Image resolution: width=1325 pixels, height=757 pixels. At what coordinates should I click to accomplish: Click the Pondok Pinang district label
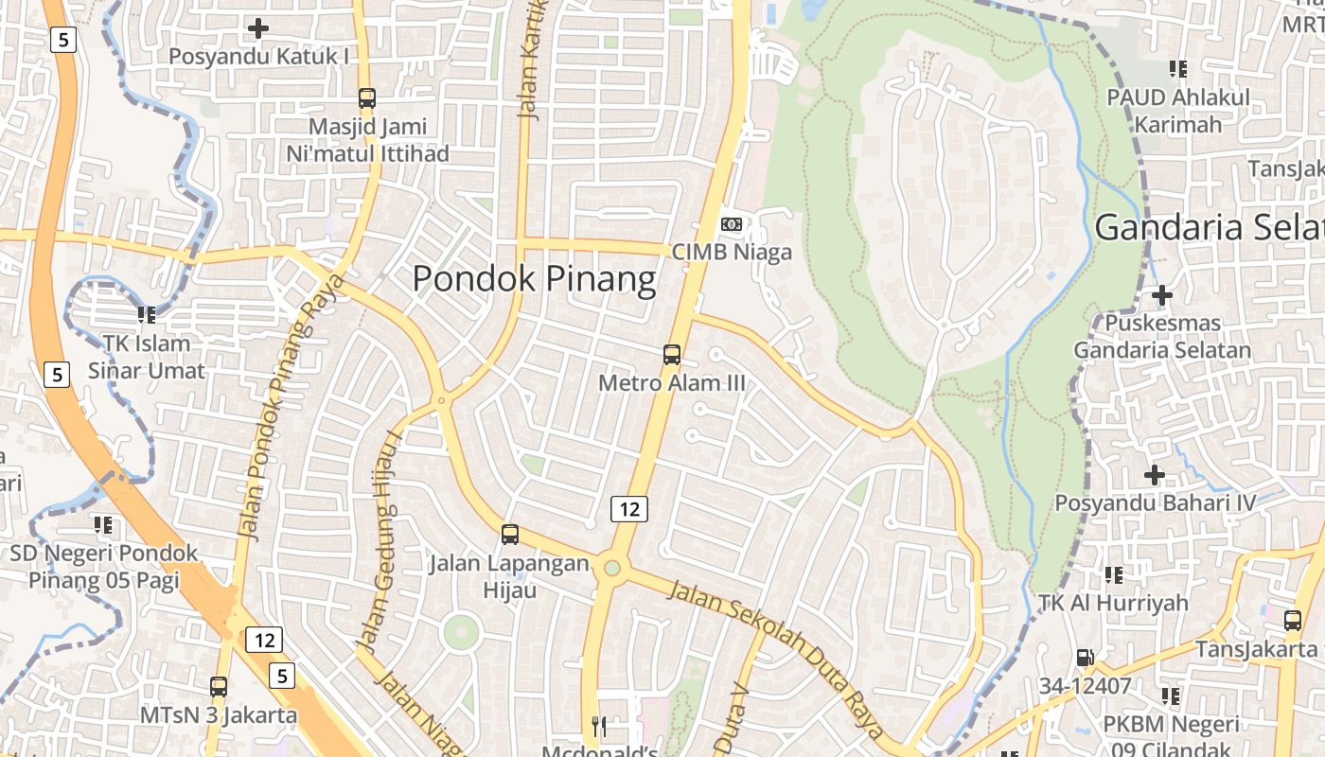click(x=534, y=279)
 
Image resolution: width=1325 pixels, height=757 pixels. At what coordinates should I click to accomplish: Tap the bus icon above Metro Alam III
click(x=672, y=355)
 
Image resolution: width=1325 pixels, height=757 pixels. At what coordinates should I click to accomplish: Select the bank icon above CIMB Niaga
click(x=731, y=224)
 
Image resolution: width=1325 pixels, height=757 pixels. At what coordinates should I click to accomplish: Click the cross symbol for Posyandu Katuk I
click(x=257, y=28)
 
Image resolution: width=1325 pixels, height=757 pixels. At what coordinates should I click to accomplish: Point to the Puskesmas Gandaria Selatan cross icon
click(x=1162, y=295)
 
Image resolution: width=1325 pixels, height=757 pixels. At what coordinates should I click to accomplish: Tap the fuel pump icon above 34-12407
click(x=1085, y=657)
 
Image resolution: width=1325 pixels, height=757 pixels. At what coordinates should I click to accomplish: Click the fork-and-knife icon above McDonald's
click(x=598, y=727)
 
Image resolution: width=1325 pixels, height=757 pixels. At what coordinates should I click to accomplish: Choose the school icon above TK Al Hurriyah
click(x=1113, y=574)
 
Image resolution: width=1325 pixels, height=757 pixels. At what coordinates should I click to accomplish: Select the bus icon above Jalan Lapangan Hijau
click(x=510, y=535)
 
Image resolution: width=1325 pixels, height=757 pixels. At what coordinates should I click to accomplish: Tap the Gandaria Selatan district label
click(x=1210, y=228)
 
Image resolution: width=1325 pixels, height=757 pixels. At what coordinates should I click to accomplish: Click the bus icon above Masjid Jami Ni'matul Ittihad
click(x=367, y=97)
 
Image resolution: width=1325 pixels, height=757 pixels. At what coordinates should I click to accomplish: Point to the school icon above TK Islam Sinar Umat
click(x=146, y=314)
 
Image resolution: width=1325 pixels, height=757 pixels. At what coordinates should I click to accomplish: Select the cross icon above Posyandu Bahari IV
click(x=1155, y=474)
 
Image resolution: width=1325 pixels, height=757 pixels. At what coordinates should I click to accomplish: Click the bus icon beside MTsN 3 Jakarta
click(x=219, y=687)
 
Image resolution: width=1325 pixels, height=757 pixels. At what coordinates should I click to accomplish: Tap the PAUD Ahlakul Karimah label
click(x=1178, y=111)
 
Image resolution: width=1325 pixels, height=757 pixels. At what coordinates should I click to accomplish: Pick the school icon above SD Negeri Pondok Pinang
click(x=103, y=524)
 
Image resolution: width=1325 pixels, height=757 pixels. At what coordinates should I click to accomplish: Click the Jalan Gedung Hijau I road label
click(x=380, y=539)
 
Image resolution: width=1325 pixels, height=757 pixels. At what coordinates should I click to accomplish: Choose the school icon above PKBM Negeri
click(x=1171, y=696)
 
